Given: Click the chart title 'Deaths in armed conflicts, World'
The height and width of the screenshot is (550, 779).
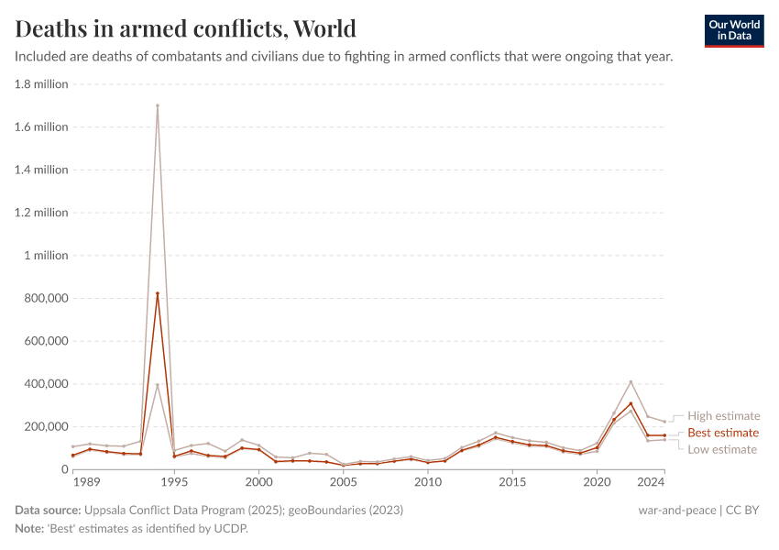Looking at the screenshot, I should [x=186, y=28].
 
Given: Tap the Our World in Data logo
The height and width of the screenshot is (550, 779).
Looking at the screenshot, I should [x=733, y=30].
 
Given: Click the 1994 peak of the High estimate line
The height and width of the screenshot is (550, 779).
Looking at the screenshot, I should [x=158, y=105].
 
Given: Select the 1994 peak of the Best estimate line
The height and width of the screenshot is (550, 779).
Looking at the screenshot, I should [x=158, y=293].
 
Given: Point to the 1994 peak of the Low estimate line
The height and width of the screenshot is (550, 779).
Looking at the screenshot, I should [x=158, y=385].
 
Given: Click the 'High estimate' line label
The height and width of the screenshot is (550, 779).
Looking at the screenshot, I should [x=723, y=416].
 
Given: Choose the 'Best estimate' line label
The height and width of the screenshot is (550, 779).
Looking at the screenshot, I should [x=723, y=433].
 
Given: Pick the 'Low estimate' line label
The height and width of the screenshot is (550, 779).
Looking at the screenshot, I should [x=722, y=449].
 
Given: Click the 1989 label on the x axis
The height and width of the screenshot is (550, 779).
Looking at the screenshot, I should [x=87, y=481].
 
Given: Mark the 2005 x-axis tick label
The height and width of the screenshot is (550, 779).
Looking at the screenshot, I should [x=343, y=481].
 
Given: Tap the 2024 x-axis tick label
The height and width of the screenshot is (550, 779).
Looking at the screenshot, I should [x=652, y=481].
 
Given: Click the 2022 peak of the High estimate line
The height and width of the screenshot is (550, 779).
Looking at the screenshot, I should [x=631, y=381].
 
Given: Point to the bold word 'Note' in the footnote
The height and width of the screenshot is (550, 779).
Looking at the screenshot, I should [x=29, y=529].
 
